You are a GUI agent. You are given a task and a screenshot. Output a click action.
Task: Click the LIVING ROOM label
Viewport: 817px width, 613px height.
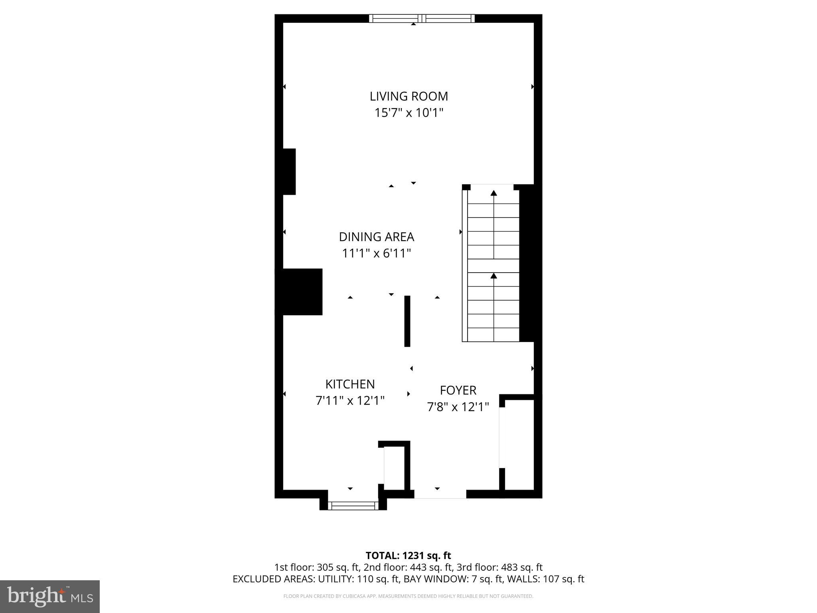(408, 96)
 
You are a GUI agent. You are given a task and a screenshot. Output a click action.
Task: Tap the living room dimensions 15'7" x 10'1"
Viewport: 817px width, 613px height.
(408, 113)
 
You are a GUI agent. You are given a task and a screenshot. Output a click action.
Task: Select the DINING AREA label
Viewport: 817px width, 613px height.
(376, 237)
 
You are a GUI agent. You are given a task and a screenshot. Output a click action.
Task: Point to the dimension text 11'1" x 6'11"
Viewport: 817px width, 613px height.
(376, 253)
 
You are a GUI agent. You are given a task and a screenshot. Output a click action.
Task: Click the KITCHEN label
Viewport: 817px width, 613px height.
(350, 384)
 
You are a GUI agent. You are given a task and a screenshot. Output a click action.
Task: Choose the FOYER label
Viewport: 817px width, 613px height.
(458, 390)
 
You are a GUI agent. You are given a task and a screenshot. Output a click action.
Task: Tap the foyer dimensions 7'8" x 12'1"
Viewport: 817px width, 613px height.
(458, 407)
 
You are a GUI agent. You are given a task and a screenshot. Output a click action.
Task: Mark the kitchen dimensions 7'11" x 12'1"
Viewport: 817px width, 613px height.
(350, 400)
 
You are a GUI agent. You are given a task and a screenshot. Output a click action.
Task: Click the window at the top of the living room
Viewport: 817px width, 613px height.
(422, 18)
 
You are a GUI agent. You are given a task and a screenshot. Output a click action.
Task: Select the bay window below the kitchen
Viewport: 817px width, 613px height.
(353, 506)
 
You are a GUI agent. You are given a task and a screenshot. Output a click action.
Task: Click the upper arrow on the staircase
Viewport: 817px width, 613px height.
(494, 194)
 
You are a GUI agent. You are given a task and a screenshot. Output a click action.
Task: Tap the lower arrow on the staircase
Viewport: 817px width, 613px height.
(494, 276)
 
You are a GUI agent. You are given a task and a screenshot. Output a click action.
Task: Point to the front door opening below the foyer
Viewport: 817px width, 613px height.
(440, 494)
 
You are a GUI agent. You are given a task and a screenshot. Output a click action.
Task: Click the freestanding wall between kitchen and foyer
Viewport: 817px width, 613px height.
(407, 321)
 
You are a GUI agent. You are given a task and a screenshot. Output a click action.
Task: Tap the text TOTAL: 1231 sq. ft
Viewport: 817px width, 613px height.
(408, 556)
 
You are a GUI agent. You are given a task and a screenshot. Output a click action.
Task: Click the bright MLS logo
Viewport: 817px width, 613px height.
(50, 596)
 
